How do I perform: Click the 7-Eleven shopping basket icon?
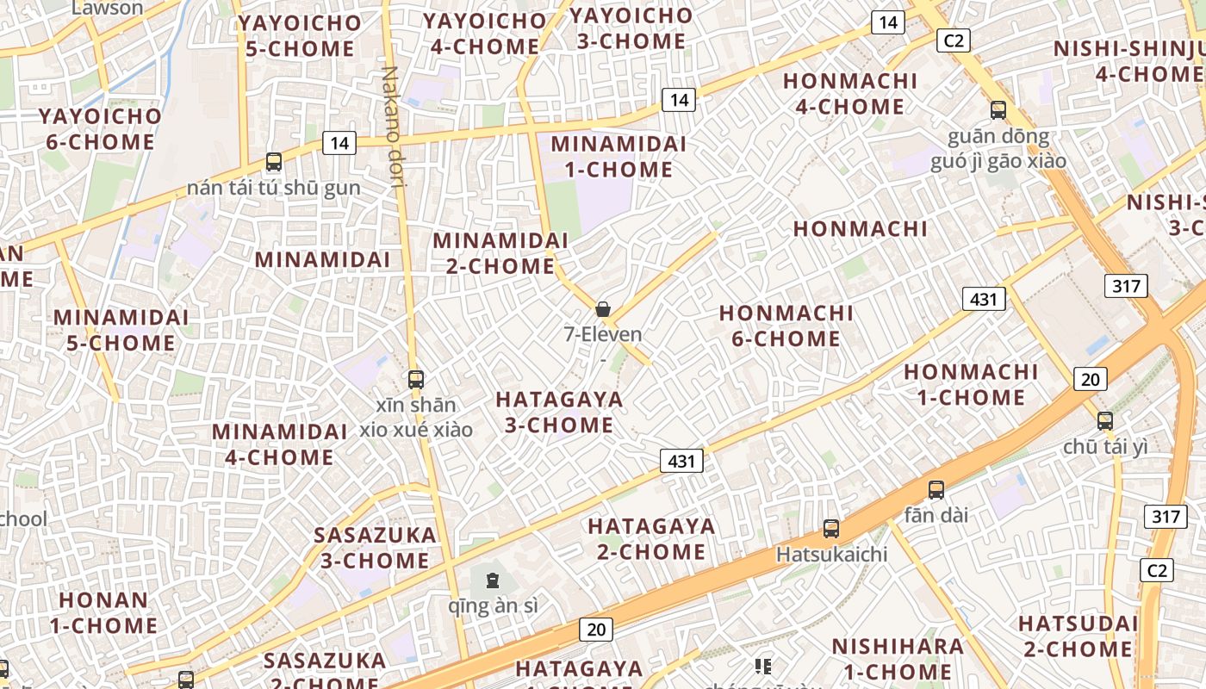(x=603, y=309)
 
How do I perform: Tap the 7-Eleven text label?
(x=603, y=334)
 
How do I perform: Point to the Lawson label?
(x=108, y=8)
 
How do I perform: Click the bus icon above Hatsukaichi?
(x=831, y=529)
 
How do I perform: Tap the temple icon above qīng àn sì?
(x=492, y=580)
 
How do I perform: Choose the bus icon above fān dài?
(x=936, y=490)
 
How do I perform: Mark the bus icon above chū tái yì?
(x=1105, y=421)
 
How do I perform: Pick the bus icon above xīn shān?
(x=416, y=379)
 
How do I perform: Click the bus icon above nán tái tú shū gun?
(x=274, y=161)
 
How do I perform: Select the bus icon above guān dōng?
(x=998, y=110)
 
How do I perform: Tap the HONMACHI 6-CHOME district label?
(x=786, y=326)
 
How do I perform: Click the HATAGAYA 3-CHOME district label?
(x=559, y=412)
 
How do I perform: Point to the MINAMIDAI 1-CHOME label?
(x=619, y=157)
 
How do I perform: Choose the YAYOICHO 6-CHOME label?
(x=100, y=129)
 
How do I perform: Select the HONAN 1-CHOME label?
(x=103, y=612)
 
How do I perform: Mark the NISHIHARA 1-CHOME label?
(x=897, y=659)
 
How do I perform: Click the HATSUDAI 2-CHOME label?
(x=1078, y=636)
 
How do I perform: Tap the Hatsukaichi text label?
(x=831, y=554)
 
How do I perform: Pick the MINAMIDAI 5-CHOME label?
(x=121, y=330)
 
